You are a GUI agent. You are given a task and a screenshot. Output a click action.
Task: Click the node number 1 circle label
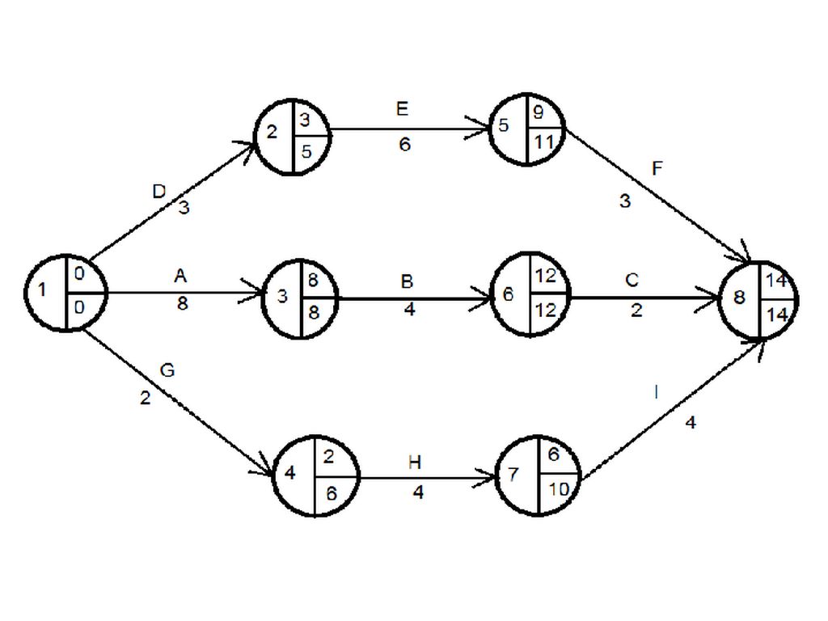point(43,289)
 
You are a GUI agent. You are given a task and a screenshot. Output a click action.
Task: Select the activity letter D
point(158,192)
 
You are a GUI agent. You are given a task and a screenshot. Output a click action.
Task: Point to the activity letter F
point(657,169)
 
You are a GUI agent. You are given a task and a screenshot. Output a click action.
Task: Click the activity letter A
point(180,277)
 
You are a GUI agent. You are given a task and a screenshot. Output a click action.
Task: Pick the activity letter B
point(408,281)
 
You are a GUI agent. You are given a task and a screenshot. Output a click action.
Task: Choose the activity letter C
point(632,281)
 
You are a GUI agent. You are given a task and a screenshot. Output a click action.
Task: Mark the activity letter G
point(167,370)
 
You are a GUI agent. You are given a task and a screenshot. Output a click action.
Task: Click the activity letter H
point(415,463)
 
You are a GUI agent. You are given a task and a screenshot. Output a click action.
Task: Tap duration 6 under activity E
point(404,144)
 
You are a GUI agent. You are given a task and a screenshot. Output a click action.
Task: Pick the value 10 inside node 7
point(558,490)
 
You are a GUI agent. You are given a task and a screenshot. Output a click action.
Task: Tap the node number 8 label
point(739,298)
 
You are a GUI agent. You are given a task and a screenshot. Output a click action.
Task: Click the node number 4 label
point(290,474)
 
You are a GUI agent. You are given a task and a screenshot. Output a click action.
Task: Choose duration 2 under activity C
point(636,310)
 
